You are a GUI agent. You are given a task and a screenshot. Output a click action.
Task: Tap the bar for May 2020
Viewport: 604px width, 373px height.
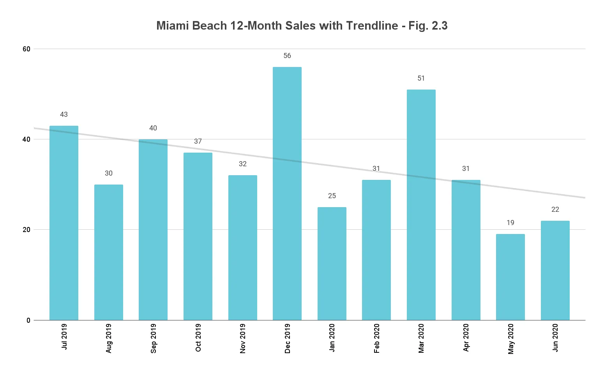point(510,277)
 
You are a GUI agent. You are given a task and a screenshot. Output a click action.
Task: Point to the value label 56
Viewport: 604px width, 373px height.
point(287,56)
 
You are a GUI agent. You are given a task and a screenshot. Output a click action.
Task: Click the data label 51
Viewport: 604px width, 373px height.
point(421,78)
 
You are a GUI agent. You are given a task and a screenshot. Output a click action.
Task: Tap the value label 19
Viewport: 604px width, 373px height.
point(510,223)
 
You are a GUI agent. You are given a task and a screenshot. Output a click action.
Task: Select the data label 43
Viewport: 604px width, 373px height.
point(64,114)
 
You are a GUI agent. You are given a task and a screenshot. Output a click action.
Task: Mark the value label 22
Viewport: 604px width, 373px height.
point(555,209)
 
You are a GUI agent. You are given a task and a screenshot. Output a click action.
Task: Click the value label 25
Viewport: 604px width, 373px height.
point(332,196)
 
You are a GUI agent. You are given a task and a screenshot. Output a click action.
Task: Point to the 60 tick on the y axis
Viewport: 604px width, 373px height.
point(26,49)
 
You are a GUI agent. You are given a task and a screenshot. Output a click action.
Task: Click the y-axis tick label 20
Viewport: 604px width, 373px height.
point(26,230)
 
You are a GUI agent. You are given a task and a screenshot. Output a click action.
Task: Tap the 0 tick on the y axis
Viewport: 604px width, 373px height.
point(28,320)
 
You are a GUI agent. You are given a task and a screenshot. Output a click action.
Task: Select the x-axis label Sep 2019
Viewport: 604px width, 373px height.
point(154,338)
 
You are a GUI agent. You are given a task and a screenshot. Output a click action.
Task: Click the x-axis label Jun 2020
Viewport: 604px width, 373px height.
point(555,337)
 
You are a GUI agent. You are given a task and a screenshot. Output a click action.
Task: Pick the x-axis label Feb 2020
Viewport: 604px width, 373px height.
point(377,338)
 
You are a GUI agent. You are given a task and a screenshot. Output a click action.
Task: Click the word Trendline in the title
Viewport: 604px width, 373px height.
point(372,26)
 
